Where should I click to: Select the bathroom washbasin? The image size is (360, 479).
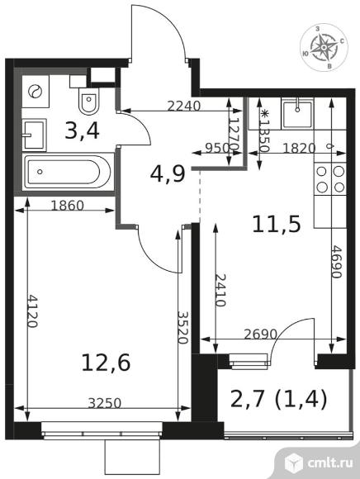[34, 135]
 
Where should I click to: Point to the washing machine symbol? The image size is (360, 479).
[36, 91]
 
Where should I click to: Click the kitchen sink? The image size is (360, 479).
[297, 114]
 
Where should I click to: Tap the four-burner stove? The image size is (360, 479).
[330, 179]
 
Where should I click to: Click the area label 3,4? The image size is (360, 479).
[82, 130]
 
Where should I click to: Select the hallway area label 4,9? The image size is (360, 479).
[168, 174]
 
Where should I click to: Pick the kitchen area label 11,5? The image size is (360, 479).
[277, 225]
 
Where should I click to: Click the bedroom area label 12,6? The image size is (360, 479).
[106, 363]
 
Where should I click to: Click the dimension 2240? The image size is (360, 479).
[184, 106]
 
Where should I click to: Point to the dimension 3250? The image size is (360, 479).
[105, 403]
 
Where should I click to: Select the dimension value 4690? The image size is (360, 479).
[336, 262]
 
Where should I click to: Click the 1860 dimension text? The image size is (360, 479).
[67, 206]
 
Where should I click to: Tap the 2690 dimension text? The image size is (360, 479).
[260, 334]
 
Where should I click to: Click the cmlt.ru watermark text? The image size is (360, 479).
[330, 462]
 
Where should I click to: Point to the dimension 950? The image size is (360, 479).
[217, 149]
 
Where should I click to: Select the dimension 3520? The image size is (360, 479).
[182, 328]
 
